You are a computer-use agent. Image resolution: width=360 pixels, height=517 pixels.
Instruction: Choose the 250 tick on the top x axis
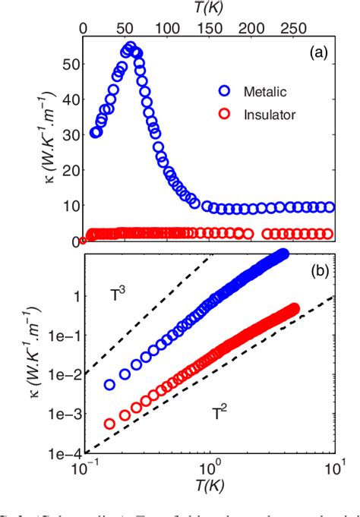point(291,24)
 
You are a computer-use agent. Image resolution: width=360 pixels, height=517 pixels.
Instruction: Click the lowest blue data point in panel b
point(111,385)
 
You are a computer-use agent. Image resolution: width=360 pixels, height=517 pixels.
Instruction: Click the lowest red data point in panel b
point(111,424)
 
